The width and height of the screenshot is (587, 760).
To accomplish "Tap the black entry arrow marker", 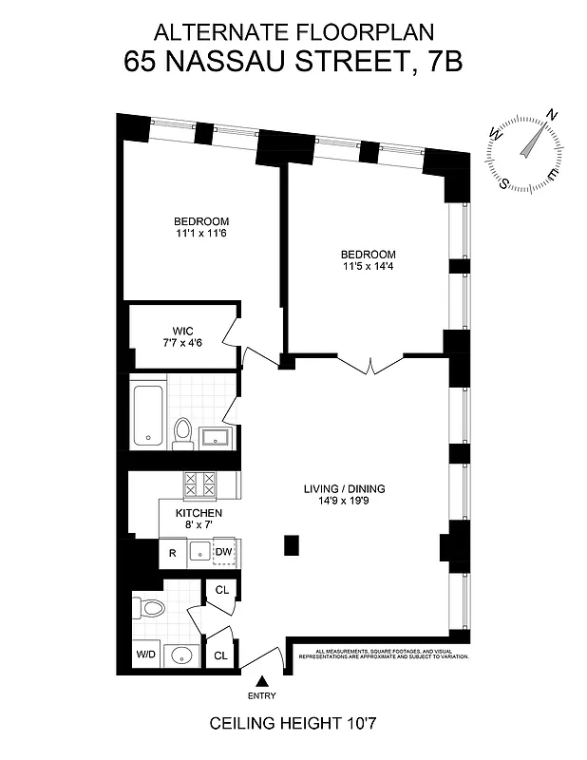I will tap(264, 680).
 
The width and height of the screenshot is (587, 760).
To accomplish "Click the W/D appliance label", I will tap(147, 655).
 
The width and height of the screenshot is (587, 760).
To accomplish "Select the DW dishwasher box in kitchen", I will tap(223, 552).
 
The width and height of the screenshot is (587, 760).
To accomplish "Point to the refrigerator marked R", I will tap(173, 552).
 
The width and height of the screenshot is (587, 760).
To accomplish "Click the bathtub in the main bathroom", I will tap(150, 414).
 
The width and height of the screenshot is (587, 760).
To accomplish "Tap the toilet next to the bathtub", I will tap(183, 432).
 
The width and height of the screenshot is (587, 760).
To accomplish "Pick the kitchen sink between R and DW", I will tap(199, 552).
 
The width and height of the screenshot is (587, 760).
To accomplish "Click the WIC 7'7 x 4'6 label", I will tap(182, 337).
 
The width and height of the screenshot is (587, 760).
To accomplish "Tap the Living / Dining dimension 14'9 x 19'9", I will tap(343, 503).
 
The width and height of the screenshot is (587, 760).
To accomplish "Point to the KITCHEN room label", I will tap(199, 513).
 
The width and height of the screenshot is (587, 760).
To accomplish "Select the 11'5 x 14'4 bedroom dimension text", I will tap(368, 267).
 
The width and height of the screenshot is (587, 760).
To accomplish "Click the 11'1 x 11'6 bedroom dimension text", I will tap(200, 234).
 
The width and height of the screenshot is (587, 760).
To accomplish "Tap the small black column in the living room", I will tap(292, 545).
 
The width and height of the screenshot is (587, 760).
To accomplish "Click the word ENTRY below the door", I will tap(264, 695).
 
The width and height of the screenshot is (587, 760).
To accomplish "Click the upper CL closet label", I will tap(221, 590).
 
